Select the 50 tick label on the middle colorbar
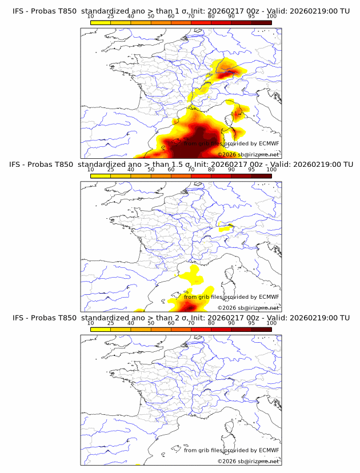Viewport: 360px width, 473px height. [x=151, y=169]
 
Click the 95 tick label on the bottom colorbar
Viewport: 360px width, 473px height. [x=251, y=323]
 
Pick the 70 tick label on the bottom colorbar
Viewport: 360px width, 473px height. [x=191, y=323]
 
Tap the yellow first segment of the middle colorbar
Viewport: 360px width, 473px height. [x=101, y=175]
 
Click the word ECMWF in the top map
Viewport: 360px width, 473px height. [x=269, y=143]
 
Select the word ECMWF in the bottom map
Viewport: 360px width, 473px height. [x=269, y=450]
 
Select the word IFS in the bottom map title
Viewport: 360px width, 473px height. [x=18, y=318]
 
